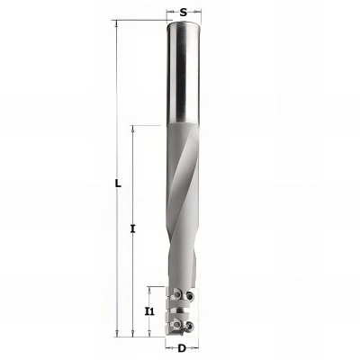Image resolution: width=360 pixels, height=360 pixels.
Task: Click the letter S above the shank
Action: pos(184,12)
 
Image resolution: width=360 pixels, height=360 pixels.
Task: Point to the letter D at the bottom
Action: pos(182,347)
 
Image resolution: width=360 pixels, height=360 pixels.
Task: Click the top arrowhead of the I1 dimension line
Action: pos(150,289)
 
